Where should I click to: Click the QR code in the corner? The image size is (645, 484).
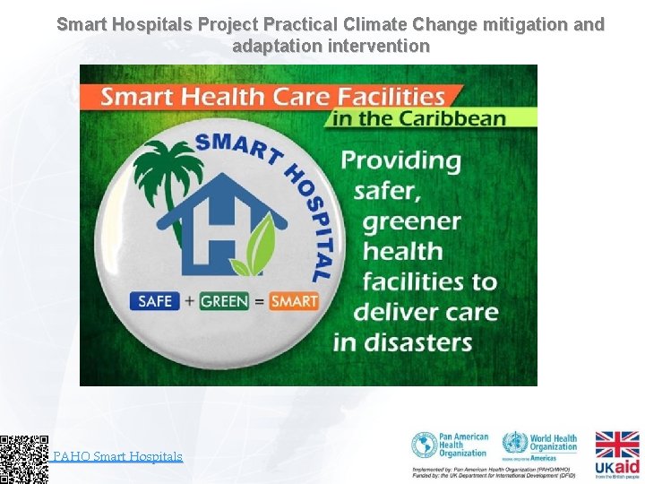(24, 459)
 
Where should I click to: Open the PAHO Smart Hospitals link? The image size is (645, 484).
(117, 456)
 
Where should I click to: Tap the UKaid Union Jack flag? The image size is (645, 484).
(617, 445)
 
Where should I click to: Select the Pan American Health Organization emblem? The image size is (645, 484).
(425, 445)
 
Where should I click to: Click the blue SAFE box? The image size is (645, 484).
(155, 301)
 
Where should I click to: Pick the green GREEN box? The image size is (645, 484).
(224, 301)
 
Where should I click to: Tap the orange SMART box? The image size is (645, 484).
(294, 301)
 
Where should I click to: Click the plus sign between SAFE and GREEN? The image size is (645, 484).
(189, 301)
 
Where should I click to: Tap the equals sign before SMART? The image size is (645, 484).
(259, 301)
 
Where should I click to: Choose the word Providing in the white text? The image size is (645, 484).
(401, 160)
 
